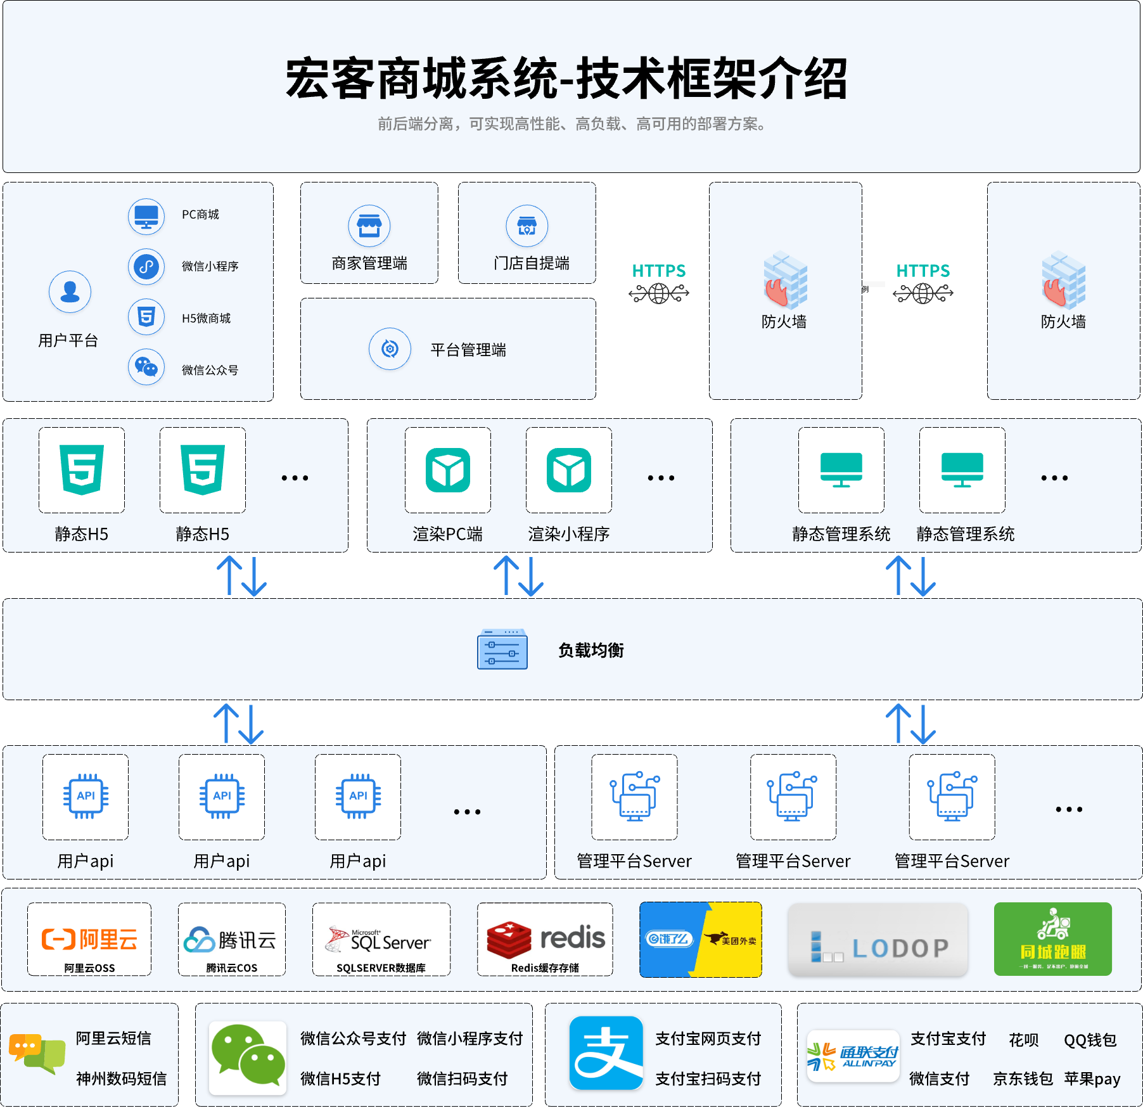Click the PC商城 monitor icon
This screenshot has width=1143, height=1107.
click(x=146, y=216)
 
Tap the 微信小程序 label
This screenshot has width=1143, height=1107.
click(x=210, y=266)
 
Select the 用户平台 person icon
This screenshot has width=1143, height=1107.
click(x=70, y=292)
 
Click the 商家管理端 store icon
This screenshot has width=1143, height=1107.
click(x=369, y=226)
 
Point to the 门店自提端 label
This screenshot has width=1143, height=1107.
click(x=531, y=263)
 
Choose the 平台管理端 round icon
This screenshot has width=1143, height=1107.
click(x=390, y=349)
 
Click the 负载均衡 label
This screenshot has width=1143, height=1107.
click(x=591, y=650)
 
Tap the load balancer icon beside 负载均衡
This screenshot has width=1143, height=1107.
click(x=502, y=649)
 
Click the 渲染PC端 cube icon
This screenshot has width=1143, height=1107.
click(x=448, y=470)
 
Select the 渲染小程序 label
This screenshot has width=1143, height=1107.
click(x=568, y=534)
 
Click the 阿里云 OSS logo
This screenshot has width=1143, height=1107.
click(x=89, y=939)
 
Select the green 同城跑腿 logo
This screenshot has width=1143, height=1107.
click(x=1052, y=939)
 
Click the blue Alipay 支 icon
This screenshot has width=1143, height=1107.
click(x=606, y=1053)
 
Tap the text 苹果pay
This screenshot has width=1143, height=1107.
click(x=1092, y=1078)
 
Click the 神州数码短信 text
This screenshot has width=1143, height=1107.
click(x=121, y=1078)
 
